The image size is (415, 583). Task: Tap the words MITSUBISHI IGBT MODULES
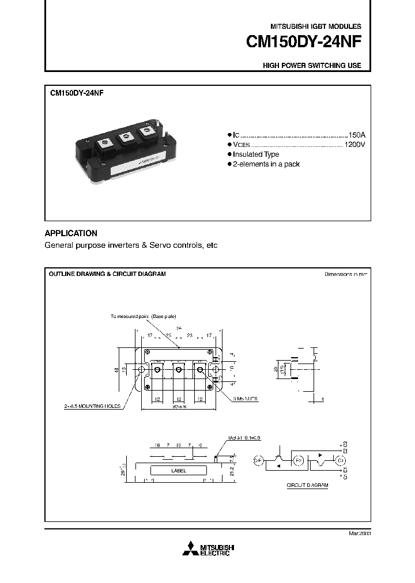tap(316, 26)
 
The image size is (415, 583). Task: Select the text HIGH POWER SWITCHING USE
tap(312, 66)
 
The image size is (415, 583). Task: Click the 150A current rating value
tap(356, 134)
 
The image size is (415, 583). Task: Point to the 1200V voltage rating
tap(354, 144)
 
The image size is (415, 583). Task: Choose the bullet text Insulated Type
tap(255, 154)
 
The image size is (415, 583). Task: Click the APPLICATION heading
tap(71, 233)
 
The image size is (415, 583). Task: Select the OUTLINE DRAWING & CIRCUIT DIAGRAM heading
tap(107, 274)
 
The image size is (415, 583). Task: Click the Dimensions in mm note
tap(345, 274)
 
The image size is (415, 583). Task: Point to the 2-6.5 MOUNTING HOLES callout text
tap(92, 406)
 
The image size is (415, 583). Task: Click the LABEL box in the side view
tap(179, 470)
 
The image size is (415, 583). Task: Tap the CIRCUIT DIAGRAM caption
tap(307, 486)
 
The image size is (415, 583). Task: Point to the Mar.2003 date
tap(359, 534)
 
